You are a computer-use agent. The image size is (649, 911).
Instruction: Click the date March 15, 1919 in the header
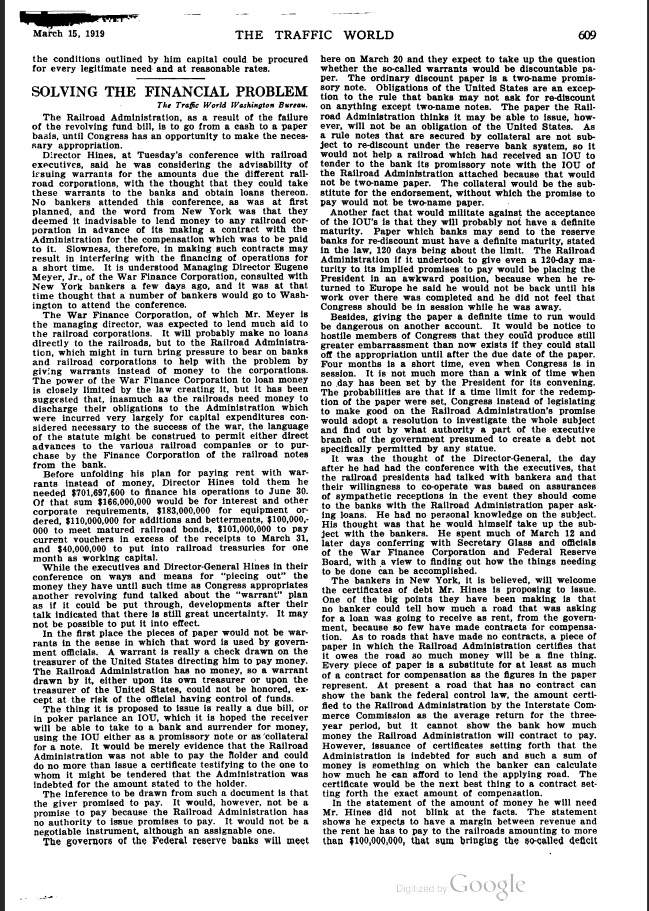pos(68,35)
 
